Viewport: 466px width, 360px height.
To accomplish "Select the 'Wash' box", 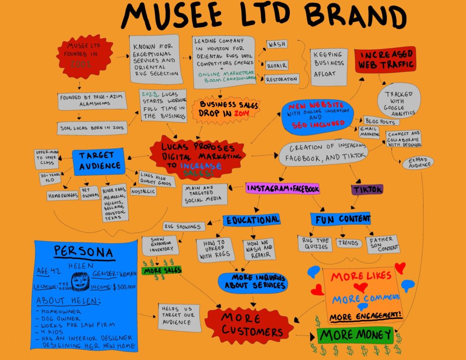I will click(x=276, y=45).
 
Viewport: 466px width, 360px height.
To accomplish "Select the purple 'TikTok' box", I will click(x=367, y=189).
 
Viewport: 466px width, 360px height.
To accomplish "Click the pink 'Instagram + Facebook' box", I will click(x=282, y=188).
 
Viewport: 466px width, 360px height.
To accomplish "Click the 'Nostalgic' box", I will click(x=143, y=192).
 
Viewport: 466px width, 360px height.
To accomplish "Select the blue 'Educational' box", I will click(x=251, y=220).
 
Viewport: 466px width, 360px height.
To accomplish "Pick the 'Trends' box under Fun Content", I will click(x=349, y=243).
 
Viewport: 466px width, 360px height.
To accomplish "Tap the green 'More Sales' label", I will click(x=162, y=271).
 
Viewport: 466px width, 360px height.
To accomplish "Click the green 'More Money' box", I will click(x=355, y=335).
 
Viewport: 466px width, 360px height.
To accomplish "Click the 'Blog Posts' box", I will click(x=381, y=122).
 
